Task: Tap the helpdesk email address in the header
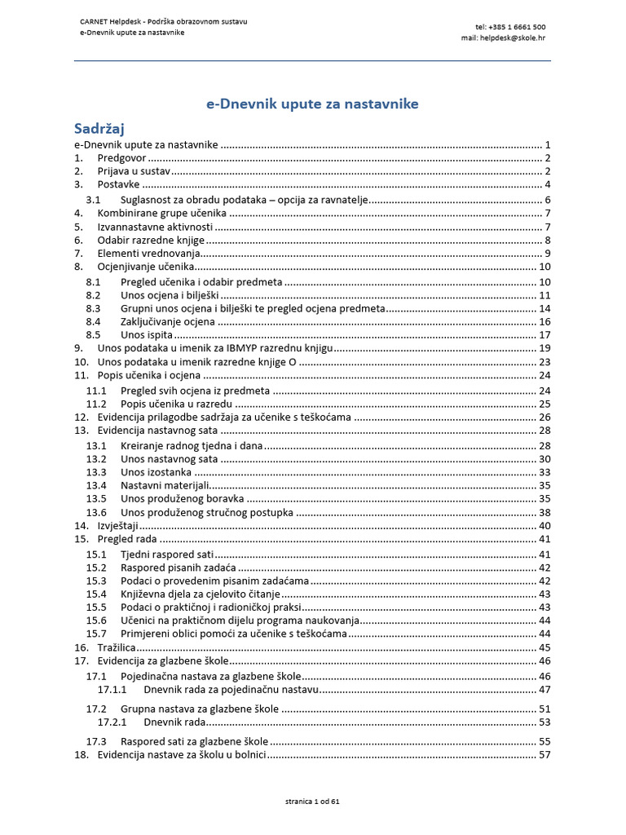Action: [503, 38]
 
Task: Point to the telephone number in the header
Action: [511, 27]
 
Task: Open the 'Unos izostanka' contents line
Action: [156, 472]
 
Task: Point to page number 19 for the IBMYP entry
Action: [545, 348]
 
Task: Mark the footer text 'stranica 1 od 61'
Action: [312, 802]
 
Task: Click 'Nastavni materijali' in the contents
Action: [166, 485]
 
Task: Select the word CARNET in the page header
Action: [93, 20]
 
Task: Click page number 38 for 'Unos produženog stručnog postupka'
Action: [545, 513]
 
